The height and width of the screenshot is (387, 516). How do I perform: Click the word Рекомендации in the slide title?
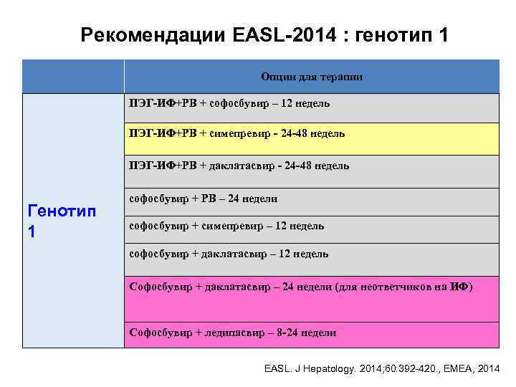pos(154,34)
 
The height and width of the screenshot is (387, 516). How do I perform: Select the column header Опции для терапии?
pos(312,77)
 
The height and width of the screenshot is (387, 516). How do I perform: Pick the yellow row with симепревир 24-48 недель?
pos(312,134)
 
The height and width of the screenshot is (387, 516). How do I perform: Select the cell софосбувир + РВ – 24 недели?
pos(203,199)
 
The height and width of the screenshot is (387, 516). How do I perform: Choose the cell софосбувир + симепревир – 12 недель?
pos(226,226)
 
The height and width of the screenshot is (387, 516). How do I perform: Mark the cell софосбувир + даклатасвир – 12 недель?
pos(229,254)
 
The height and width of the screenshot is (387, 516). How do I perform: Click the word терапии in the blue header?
pos(343,77)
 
